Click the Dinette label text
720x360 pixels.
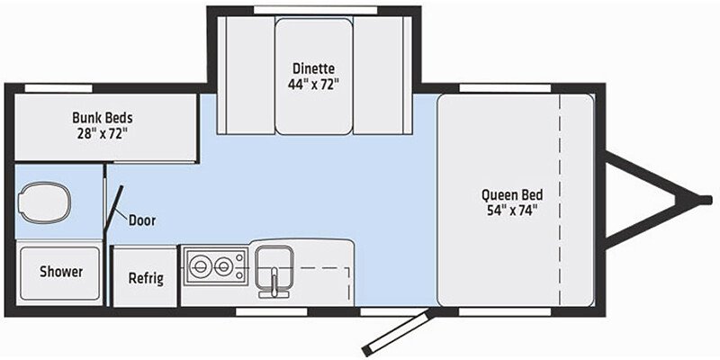tap(314, 67)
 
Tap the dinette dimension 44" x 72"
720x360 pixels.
tap(314, 85)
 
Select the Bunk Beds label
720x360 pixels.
tap(103, 117)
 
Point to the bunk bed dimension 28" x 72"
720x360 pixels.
tap(103, 134)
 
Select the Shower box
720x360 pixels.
tap(61, 272)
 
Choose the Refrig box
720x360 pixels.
tap(146, 277)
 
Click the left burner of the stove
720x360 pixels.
tap(199, 266)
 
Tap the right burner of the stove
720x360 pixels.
tap(223, 266)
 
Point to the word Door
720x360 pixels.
tap(142, 220)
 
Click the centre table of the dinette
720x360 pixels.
tap(314, 76)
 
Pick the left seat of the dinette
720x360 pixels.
tap(244, 76)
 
